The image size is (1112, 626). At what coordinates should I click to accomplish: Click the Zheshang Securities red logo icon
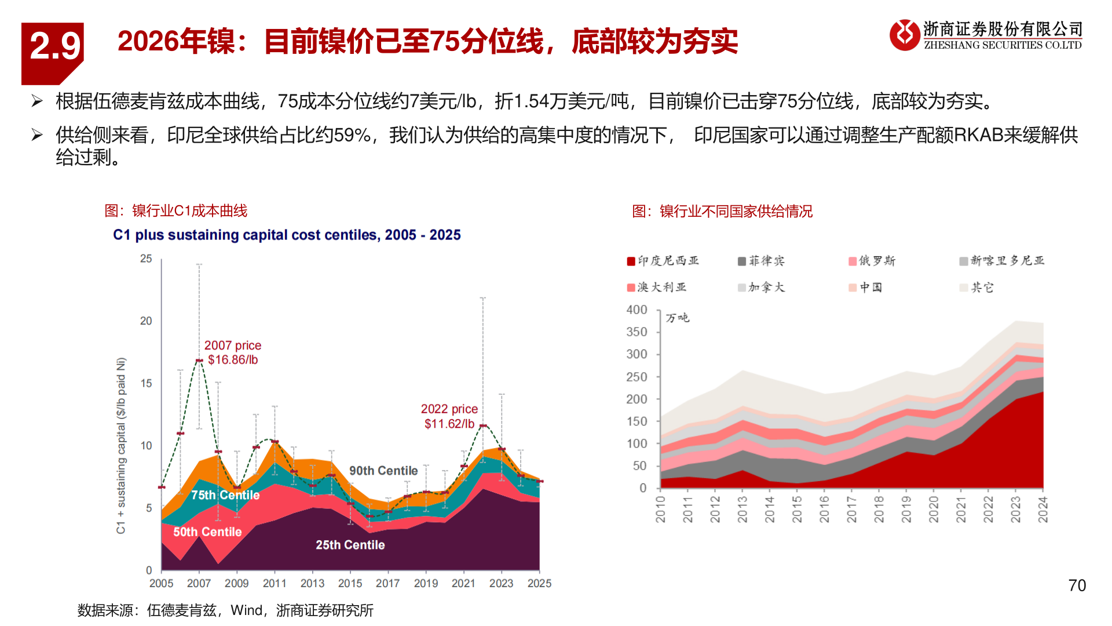point(904,35)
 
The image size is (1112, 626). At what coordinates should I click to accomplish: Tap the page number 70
point(1077,585)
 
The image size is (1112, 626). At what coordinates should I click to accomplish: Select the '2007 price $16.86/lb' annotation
point(233,352)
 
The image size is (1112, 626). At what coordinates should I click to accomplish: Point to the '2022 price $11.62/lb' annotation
point(449,416)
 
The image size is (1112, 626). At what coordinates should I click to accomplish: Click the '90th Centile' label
point(383,471)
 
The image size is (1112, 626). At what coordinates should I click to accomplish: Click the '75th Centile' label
point(225,495)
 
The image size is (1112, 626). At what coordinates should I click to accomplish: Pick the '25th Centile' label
point(350,545)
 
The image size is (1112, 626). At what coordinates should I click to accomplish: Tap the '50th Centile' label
point(207,532)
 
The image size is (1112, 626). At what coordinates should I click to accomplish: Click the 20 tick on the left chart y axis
point(146,321)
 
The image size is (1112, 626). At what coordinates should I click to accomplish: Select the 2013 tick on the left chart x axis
point(312,583)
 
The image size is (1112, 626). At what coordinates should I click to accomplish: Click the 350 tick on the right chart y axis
point(637,332)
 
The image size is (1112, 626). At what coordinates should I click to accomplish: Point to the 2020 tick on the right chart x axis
point(934,509)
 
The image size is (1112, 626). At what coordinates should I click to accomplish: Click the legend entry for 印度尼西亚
point(663,261)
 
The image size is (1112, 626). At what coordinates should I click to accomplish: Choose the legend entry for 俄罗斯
point(872,261)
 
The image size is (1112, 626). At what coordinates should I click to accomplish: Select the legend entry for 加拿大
point(761,287)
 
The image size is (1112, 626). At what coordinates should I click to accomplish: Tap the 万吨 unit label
point(677,318)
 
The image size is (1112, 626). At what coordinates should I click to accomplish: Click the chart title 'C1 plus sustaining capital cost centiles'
point(287,235)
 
